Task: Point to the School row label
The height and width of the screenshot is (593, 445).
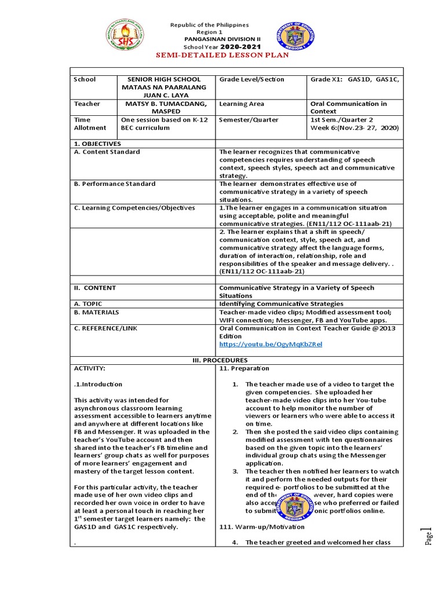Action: [x=85, y=79]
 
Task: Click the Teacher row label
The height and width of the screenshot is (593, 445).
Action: [x=87, y=104]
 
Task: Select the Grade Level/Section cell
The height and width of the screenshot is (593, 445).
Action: [x=251, y=79]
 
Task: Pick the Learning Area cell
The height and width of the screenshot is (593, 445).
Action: [x=242, y=104]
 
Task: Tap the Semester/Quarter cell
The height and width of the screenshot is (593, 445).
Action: [x=249, y=120]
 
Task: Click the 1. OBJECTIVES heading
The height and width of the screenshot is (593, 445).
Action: [x=97, y=143]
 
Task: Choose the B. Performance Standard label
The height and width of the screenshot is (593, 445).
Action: [x=115, y=184]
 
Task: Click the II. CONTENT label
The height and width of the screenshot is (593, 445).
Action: [x=95, y=288]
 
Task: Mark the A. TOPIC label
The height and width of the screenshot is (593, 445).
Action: [x=89, y=303]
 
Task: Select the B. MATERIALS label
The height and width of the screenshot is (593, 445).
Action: [x=97, y=312]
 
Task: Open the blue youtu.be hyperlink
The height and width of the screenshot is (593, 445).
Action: [x=270, y=344]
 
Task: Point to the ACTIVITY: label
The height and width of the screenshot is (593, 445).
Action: [x=90, y=368]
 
